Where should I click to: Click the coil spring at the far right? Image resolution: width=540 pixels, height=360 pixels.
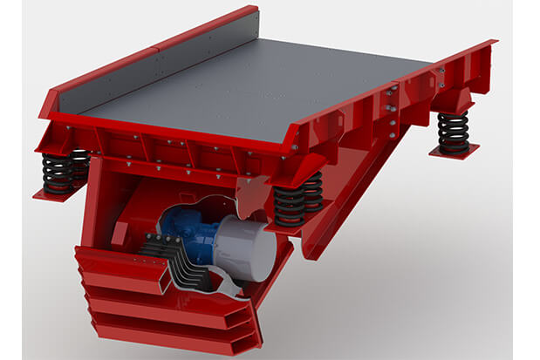coord(454,132)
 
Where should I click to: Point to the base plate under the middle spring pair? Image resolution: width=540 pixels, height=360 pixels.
coord(297,228)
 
